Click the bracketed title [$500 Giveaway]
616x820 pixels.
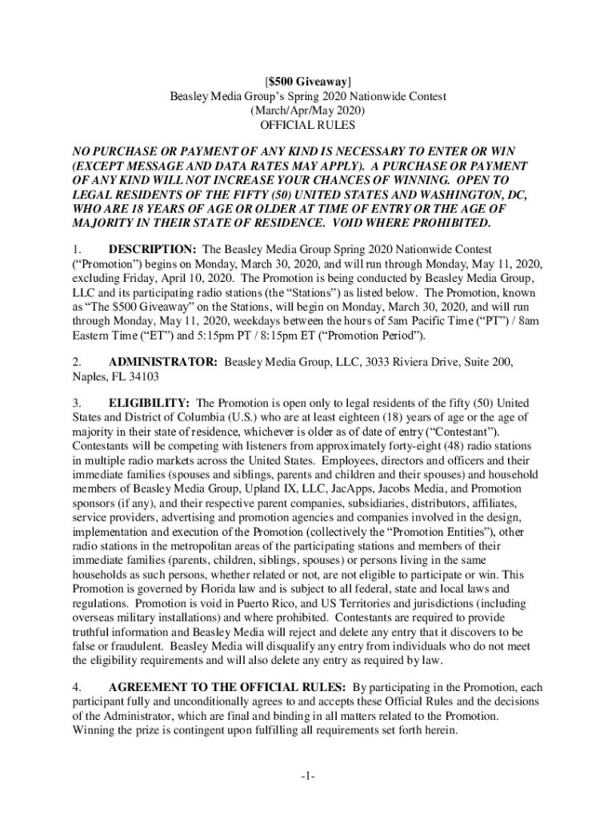pyautogui.click(x=307, y=81)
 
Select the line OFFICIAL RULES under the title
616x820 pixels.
pyautogui.click(x=307, y=125)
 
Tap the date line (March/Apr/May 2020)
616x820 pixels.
pyautogui.click(x=307, y=111)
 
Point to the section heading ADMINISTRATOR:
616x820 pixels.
pyautogui.click(x=163, y=362)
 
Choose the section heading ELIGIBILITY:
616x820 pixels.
pyautogui.click(x=149, y=402)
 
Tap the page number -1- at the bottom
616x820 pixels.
pyautogui.click(x=308, y=778)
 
